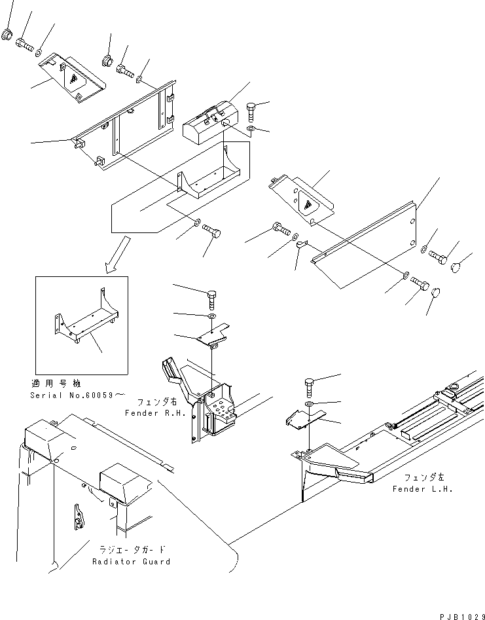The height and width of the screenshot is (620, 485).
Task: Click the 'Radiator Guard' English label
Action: (131, 562)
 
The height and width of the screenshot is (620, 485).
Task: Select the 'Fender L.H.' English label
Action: (423, 489)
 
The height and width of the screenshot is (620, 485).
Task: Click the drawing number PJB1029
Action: (461, 617)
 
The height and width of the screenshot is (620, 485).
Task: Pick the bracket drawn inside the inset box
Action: (85, 316)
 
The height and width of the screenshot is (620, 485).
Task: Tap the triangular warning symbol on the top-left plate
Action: (73, 79)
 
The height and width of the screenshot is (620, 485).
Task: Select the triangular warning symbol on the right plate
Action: (308, 204)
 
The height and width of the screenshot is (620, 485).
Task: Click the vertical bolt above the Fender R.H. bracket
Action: (211, 300)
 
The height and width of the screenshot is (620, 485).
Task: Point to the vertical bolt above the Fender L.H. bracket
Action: (309, 388)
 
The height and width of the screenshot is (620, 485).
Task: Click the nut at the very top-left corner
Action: (7, 35)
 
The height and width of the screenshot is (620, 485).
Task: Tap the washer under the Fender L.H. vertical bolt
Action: (309, 404)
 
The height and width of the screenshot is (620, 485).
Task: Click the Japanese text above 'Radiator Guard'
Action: (131, 549)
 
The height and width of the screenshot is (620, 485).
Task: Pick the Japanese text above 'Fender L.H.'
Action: (423, 478)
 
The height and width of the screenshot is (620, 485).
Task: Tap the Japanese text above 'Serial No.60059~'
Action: (56, 384)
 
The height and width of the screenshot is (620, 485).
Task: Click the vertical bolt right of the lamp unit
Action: (251, 113)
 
